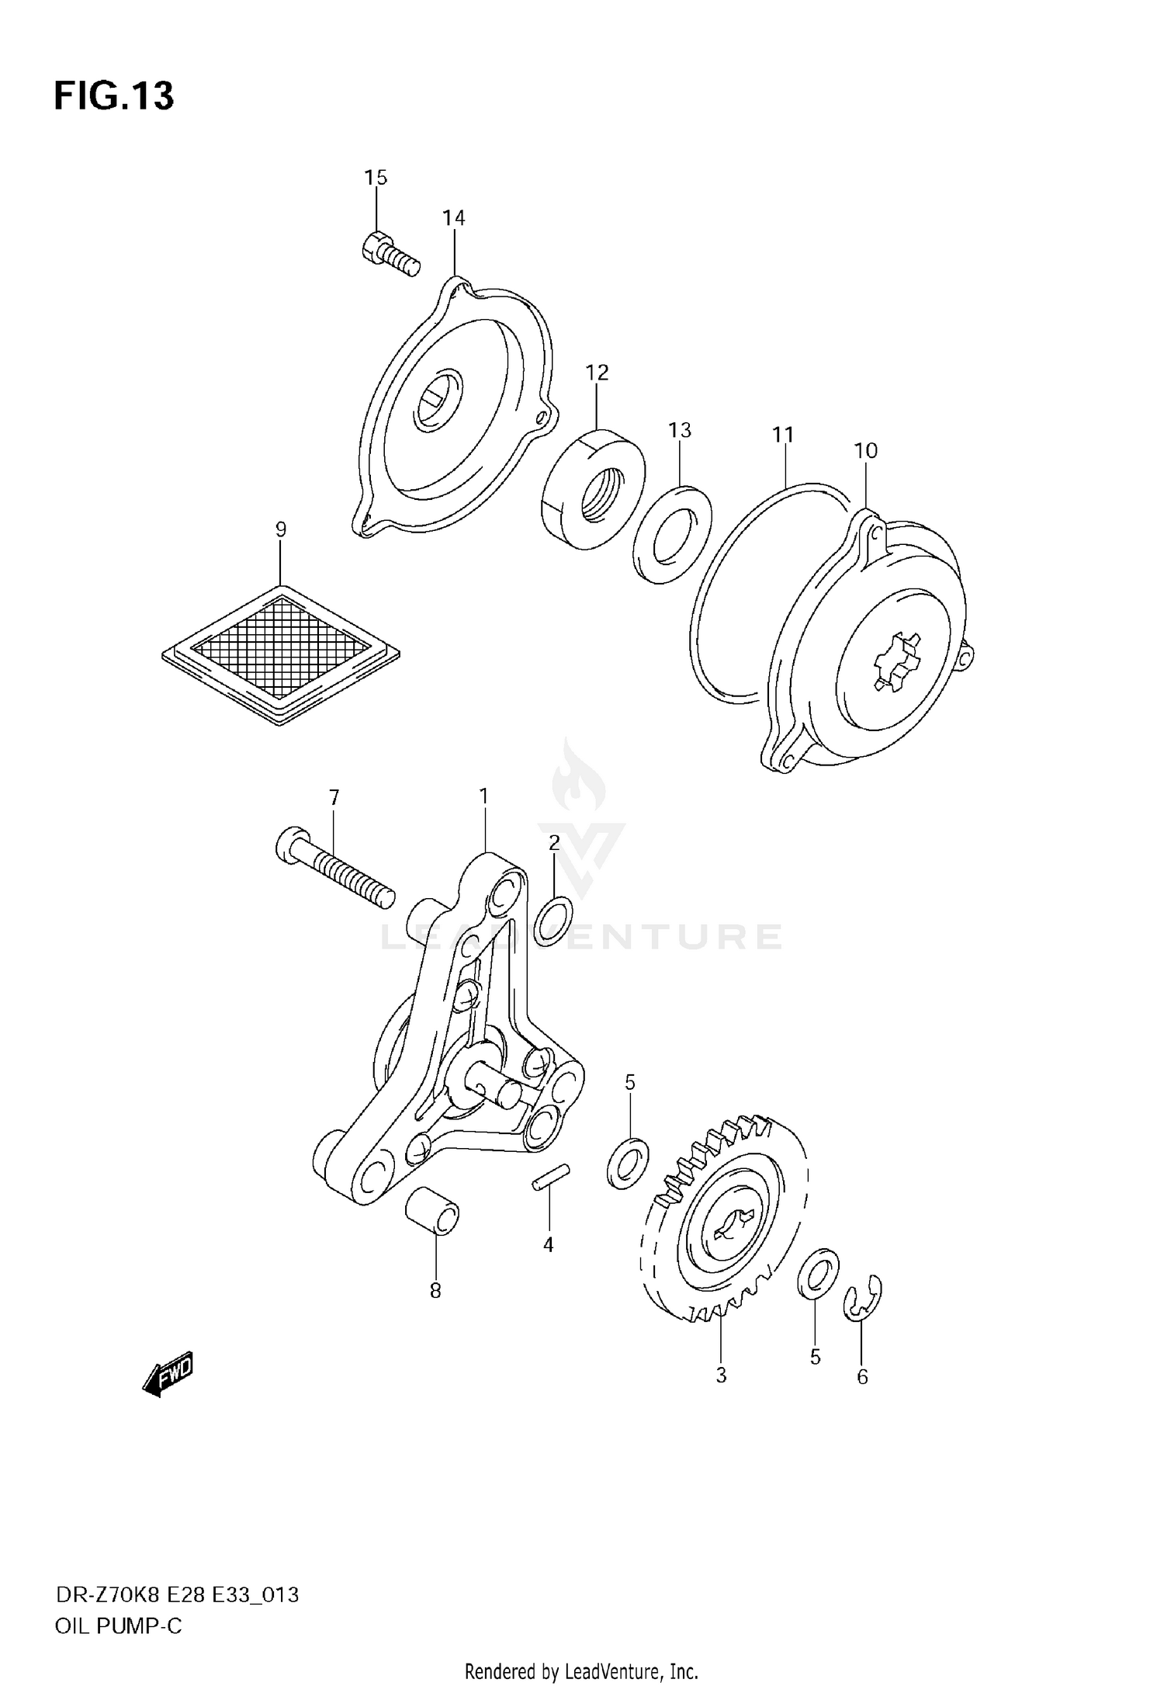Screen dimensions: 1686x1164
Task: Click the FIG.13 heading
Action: (x=114, y=96)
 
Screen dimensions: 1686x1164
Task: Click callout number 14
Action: (x=454, y=218)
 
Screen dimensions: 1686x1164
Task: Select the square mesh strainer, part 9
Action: (x=281, y=654)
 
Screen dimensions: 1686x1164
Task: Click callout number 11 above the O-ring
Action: (x=783, y=435)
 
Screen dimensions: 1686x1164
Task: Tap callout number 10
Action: (x=865, y=450)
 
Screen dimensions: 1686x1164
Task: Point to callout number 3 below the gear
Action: (x=721, y=1376)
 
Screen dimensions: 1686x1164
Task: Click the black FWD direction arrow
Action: (x=168, y=1377)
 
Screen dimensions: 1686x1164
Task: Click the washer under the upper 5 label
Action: (x=627, y=1163)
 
